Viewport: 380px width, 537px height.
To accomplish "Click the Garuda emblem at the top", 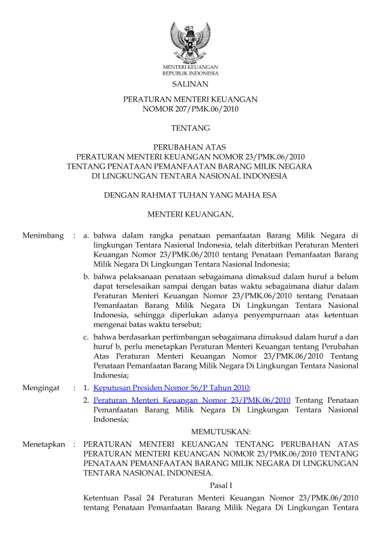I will (x=190, y=42).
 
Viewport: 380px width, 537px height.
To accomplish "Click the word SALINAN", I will (x=190, y=84).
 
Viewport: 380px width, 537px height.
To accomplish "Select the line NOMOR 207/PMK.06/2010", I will (x=190, y=109).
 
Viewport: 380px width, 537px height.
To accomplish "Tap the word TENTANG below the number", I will (x=190, y=128).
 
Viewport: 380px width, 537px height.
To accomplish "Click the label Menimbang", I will (x=43, y=236).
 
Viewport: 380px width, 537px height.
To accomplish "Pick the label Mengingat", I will (x=41, y=388).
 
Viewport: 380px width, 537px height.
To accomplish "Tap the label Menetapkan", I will (x=43, y=444).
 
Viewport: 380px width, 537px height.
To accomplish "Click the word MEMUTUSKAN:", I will (x=220, y=432).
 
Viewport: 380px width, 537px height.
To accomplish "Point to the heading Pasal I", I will (x=220, y=485).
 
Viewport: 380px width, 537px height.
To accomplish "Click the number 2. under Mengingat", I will (x=86, y=400).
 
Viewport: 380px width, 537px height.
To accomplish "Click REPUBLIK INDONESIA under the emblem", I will (x=190, y=73).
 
